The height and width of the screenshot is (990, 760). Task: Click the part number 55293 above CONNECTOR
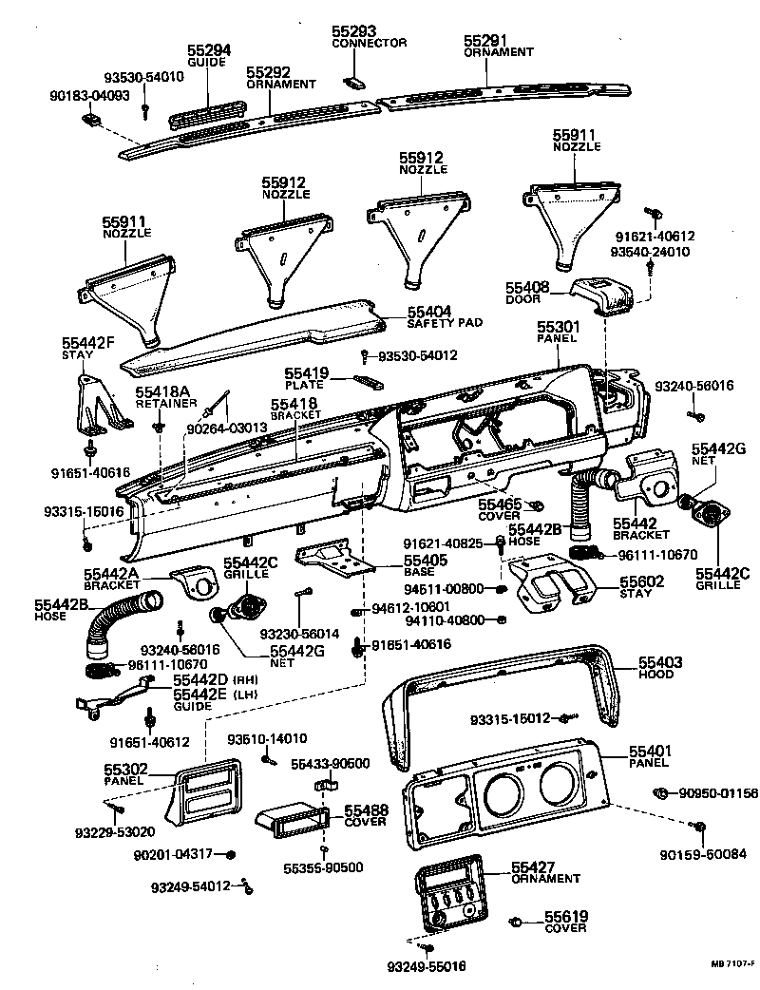point(353,31)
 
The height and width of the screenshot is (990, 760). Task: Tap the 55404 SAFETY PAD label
point(444,316)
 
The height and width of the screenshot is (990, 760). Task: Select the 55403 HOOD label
point(655,666)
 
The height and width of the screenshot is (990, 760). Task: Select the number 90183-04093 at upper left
point(88,96)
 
